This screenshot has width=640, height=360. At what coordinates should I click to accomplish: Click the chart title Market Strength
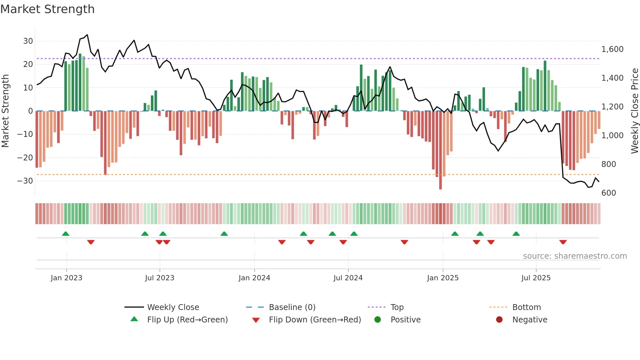pos(47,9)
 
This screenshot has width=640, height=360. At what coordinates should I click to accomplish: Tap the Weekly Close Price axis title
pos(634,111)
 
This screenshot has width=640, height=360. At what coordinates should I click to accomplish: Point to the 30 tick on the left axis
pos(28,41)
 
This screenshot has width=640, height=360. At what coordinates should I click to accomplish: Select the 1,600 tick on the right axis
pos(612,49)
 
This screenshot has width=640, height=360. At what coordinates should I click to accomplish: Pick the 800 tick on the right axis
pos(609,164)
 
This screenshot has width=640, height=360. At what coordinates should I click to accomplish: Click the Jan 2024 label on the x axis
pos(254,278)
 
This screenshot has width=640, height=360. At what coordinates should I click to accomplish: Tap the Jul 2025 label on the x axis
pos(536,278)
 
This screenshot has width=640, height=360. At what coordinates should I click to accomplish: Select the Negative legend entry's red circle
pos(499,319)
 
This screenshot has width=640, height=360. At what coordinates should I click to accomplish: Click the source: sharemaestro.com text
pos(575,256)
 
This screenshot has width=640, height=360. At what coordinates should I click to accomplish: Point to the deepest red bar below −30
pos(440,183)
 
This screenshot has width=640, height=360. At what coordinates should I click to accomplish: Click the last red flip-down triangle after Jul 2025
pos(563,242)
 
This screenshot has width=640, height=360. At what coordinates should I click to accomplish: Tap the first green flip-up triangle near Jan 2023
pos(66,234)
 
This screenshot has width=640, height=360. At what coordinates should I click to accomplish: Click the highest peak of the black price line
pos(87,35)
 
